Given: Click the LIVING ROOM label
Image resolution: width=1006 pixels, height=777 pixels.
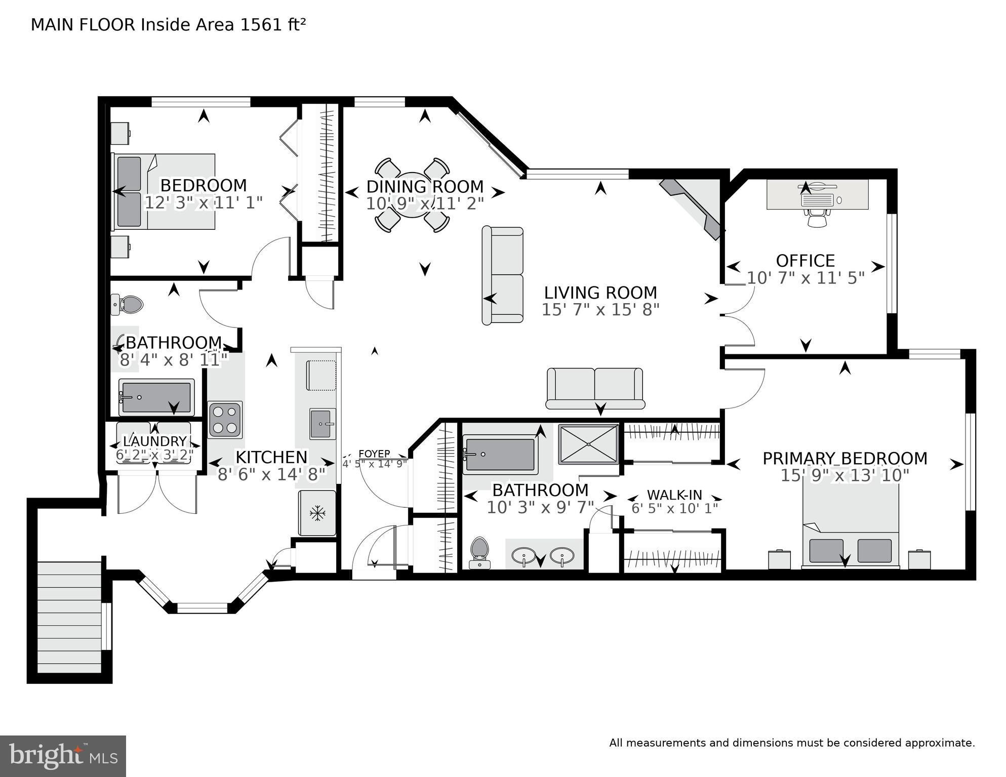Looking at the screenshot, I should point(600,293).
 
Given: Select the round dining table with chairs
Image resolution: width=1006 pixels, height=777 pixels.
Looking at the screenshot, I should point(412,195).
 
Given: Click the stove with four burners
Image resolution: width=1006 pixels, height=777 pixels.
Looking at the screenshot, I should point(225,420).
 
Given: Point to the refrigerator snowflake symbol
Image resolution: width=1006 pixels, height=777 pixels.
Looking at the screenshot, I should point(317,513).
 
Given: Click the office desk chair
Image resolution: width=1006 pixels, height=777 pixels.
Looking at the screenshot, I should point(816,218).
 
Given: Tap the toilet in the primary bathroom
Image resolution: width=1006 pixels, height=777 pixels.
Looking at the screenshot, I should point(479,553).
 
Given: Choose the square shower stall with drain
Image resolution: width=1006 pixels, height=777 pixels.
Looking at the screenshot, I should point(588,444).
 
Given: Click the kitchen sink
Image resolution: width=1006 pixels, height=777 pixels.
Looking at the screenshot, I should point(323,424).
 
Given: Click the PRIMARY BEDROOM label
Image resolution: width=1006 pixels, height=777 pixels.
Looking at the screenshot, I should point(844,459).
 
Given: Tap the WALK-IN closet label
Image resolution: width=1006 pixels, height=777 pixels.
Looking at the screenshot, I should point(674,495).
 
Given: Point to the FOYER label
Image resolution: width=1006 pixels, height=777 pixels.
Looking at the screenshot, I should point(374,454).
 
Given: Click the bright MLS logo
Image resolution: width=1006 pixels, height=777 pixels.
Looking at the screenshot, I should point(63,756).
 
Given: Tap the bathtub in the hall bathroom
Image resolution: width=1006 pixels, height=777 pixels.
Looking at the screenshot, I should point(156,397).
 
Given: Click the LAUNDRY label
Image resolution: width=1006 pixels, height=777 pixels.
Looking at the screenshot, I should point(155,441).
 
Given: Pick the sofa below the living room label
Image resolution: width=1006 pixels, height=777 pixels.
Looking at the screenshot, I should point(595,389).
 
